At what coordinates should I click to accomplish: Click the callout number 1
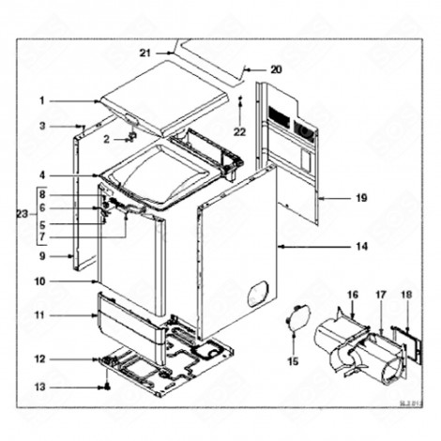point(42,99)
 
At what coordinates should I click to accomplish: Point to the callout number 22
point(239,131)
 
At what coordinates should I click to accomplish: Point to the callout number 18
point(406,295)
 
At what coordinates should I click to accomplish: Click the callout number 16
point(353,295)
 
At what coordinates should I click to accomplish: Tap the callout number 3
point(42,125)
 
